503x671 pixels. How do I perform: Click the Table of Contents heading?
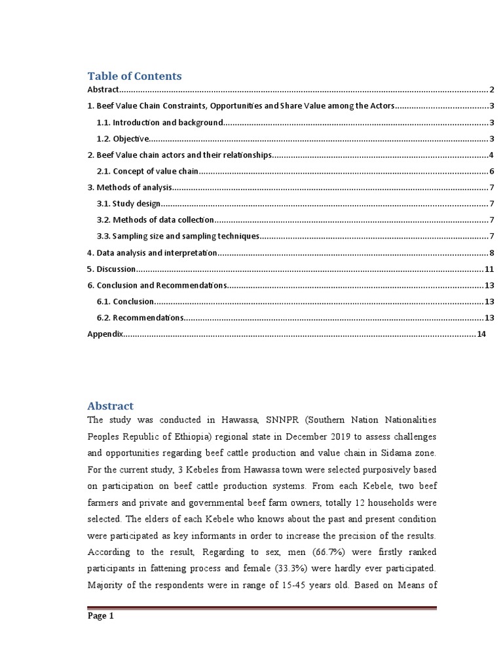coord(134,76)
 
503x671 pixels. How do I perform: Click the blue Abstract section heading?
coord(111,406)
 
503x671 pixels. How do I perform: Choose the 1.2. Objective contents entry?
coord(123,139)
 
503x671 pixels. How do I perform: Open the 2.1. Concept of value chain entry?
coord(147,171)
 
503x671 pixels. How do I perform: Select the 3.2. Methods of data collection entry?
coord(155,220)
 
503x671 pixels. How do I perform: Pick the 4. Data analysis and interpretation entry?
coord(151,253)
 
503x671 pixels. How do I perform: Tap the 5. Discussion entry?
coord(111,269)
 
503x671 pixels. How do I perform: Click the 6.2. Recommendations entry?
coord(140,318)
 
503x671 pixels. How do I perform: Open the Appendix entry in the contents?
coord(105,334)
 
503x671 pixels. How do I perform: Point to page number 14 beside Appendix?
coord(481,334)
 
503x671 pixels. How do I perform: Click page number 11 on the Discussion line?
coord(489,269)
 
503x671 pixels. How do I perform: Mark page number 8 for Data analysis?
coord(491,253)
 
